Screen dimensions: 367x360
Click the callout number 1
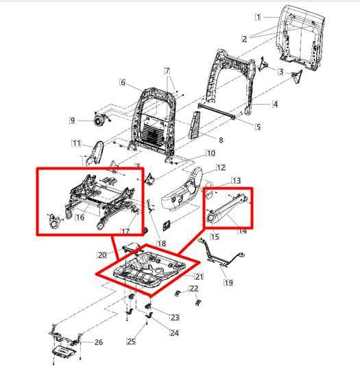[x=258, y=16]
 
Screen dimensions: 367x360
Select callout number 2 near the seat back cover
[x=244, y=39]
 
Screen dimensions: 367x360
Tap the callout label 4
[x=275, y=104]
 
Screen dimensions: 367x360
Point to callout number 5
[x=257, y=126]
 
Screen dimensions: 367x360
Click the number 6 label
[x=123, y=84]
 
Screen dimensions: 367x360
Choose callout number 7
[x=166, y=71]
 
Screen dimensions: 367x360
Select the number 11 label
[x=75, y=143]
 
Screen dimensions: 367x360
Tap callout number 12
[x=221, y=167]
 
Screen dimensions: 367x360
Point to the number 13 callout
[x=236, y=180]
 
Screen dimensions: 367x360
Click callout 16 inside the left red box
[x=80, y=217]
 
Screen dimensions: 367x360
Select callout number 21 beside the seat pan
[x=200, y=276]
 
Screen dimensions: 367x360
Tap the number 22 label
[x=174, y=288]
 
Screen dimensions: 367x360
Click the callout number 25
[x=130, y=341]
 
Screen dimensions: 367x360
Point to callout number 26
[x=98, y=342]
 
